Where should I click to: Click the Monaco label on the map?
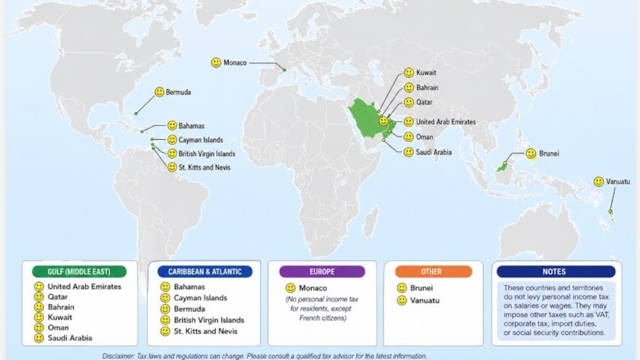(235, 63)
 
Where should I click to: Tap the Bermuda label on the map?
(178, 92)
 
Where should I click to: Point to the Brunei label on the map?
(549, 153)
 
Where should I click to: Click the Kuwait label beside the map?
(426, 72)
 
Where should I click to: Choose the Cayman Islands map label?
(201, 140)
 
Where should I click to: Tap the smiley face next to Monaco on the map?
(216, 63)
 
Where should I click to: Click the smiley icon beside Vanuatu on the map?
(599, 182)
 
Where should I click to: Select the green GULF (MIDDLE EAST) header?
(80, 272)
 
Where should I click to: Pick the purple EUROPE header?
(322, 272)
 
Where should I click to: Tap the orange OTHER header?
(431, 272)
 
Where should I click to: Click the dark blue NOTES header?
(556, 272)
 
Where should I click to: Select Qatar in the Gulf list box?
(58, 297)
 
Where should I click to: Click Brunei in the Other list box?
(421, 288)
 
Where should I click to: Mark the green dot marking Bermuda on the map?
(136, 113)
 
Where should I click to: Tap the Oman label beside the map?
(425, 137)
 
